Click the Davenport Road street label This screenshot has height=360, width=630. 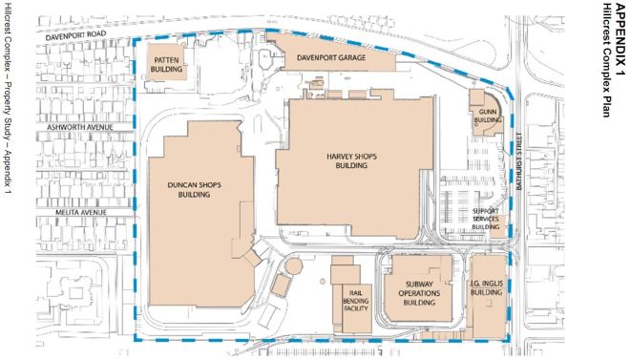(76, 35)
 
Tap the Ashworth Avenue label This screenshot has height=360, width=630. (80, 127)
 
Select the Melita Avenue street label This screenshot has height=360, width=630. (81, 213)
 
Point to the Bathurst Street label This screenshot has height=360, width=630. (519, 161)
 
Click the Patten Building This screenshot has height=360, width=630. (166, 62)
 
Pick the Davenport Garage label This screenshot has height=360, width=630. (331, 58)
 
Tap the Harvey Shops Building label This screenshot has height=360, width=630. (351, 160)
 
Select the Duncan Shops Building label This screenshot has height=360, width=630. (195, 190)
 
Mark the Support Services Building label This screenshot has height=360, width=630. (486, 219)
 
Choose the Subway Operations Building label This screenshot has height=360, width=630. (419, 293)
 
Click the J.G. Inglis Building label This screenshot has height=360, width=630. (487, 288)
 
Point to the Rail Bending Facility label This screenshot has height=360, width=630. (356, 301)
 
